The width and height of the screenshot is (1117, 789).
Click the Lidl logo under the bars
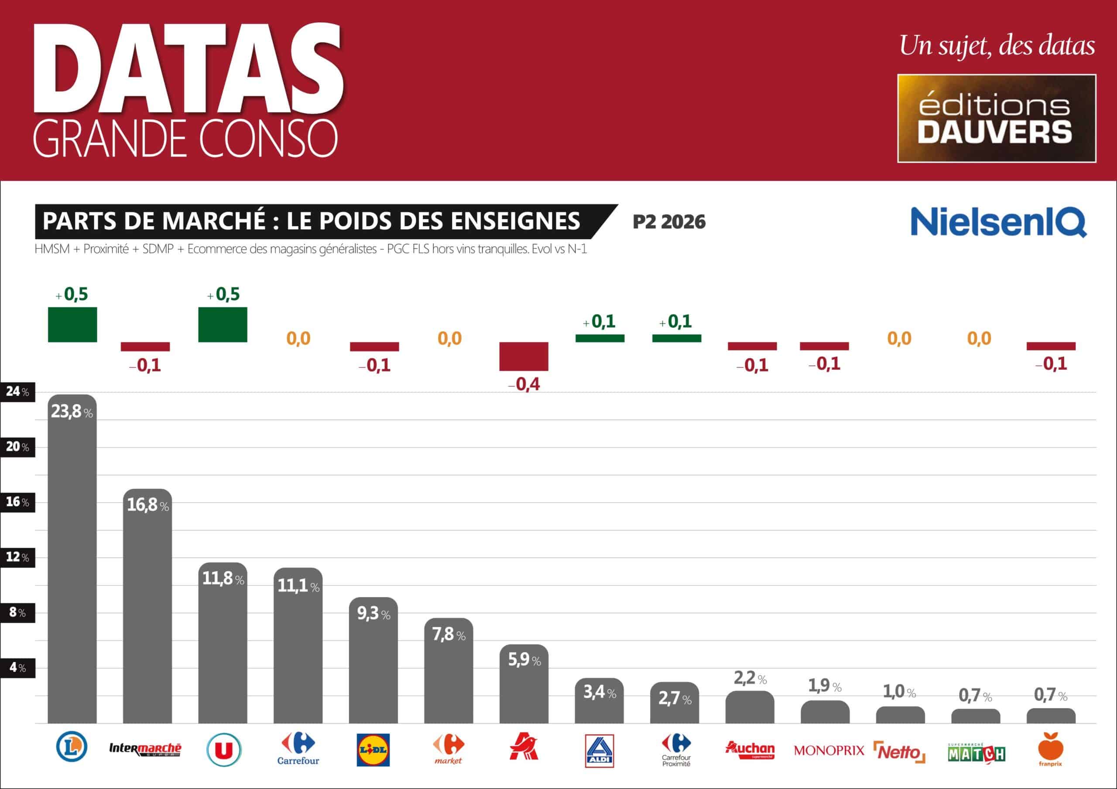(373, 750)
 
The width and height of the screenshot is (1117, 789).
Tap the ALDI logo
(599, 751)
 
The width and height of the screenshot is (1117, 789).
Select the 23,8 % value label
(72, 412)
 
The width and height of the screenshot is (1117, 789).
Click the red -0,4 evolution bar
(524, 356)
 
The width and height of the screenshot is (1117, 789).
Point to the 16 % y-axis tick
(17, 502)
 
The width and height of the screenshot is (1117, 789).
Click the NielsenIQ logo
(998, 222)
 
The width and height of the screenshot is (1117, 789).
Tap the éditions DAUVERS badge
(996, 118)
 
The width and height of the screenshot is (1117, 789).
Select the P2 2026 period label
(668, 222)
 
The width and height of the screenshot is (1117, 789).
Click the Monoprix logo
(829, 751)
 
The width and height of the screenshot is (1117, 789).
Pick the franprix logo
(1050, 750)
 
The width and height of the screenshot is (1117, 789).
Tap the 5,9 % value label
(524, 660)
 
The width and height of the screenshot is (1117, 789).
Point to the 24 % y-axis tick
(17, 391)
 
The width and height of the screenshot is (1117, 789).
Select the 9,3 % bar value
(373, 613)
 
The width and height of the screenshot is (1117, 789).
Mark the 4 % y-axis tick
(17, 668)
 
